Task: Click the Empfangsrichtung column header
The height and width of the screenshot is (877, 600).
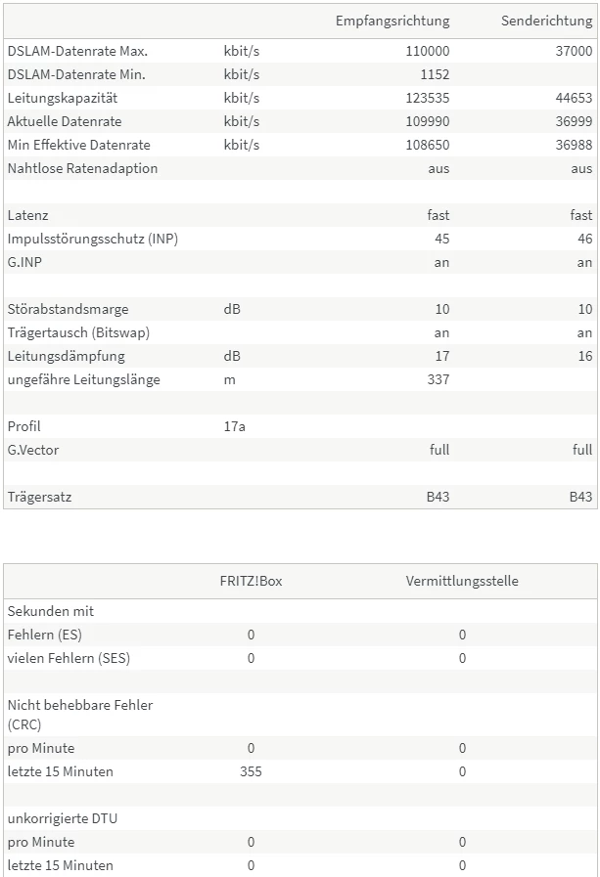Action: click(392, 21)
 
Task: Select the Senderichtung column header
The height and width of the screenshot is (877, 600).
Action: click(546, 21)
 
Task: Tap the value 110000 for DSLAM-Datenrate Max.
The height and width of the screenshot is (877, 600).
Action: click(428, 51)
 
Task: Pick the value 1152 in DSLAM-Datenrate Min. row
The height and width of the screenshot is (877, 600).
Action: click(435, 74)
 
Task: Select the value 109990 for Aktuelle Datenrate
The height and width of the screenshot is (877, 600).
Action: click(428, 121)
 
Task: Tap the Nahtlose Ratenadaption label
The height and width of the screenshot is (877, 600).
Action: click(82, 168)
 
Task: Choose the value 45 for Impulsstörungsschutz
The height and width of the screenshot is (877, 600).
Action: click(441, 239)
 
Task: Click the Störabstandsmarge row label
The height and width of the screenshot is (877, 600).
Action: click(68, 309)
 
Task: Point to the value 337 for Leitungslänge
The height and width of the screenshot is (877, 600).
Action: click(438, 379)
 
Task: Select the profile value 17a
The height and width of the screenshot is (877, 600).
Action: click(235, 426)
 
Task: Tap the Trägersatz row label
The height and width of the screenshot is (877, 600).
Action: click(39, 497)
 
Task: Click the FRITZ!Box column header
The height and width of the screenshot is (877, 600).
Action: click(251, 581)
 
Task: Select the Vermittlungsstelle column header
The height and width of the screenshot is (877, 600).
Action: click(462, 581)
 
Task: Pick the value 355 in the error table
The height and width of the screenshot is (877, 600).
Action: click(251, 771)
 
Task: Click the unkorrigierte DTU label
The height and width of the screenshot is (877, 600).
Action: click(62, 818)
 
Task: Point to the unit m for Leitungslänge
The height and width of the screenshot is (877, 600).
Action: click(229, 379)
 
